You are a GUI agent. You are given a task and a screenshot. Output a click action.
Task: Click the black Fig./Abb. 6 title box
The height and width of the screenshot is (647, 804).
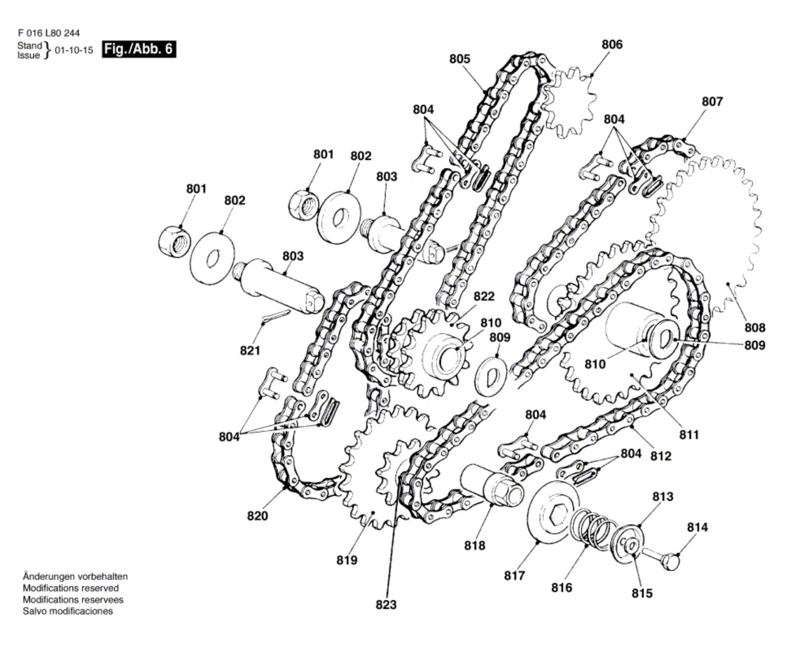tap(139, 49)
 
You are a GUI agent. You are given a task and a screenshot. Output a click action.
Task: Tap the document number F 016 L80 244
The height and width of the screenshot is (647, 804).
tap(49, 33)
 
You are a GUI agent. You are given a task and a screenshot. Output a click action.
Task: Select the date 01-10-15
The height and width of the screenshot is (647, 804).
tap(74, 50)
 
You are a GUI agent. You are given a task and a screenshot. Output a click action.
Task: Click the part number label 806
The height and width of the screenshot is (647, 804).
tap(612, 44)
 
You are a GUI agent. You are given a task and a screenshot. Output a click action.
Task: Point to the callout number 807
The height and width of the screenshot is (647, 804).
tap(712, 101)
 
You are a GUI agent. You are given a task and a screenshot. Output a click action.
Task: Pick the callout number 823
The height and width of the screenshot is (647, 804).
tap(386, 604)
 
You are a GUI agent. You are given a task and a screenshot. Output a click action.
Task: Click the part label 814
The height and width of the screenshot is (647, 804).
tap(697, 527)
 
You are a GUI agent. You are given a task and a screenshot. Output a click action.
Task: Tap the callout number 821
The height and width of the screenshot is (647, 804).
tap(250, 351)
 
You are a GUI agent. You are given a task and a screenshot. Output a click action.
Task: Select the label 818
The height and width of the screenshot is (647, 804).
tap(474, 546)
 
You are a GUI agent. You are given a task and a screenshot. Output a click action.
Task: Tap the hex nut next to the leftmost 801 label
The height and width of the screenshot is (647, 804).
tap(174, 241)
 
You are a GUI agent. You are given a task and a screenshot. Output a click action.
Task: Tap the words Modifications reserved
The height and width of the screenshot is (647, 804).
tap(71, 588)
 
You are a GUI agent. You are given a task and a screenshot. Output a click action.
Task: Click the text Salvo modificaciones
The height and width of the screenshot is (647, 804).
tap(68, 611)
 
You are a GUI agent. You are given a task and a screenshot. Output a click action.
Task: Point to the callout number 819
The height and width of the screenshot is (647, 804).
tap(347, 560)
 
